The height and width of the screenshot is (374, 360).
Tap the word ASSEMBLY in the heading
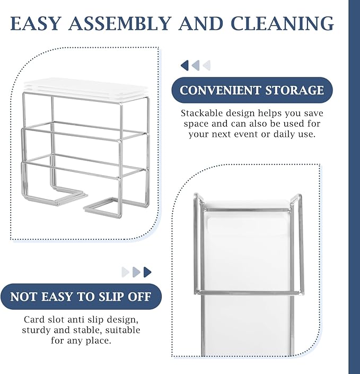click(120, 23)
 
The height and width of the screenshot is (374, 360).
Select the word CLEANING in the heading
click(282, 23)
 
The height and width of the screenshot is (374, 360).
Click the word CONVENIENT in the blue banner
click(220, 90)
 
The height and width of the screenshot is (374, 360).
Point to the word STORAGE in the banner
click(295, 90)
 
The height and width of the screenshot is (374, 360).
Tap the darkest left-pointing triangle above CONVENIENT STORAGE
click(185, 65)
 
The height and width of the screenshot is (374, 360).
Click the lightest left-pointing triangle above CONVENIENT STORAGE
click(207, 65)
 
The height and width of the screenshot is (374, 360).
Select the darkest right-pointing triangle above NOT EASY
click(147, 272)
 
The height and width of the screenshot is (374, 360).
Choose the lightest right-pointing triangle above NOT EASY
click(126, 272)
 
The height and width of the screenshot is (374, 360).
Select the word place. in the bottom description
click(99, 341)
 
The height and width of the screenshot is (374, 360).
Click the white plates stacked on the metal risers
click(86, 89)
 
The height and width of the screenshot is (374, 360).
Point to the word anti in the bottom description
click(76, 319)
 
